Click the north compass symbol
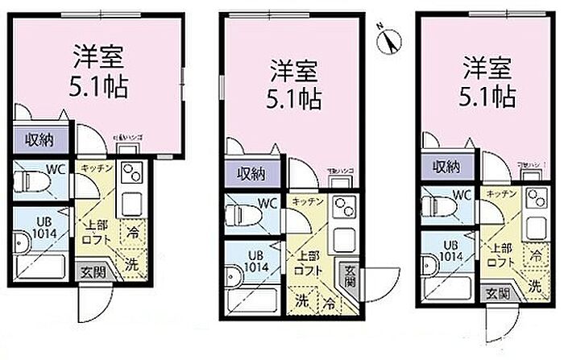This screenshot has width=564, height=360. point(390,37)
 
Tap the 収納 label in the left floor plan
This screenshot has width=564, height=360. point(34,140)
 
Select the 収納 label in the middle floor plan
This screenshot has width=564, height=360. point(251,173)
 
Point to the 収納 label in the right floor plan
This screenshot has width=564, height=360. point(446,167)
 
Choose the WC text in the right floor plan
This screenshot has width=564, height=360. point(462,194)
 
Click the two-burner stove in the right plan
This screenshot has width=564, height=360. point(533,197)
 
